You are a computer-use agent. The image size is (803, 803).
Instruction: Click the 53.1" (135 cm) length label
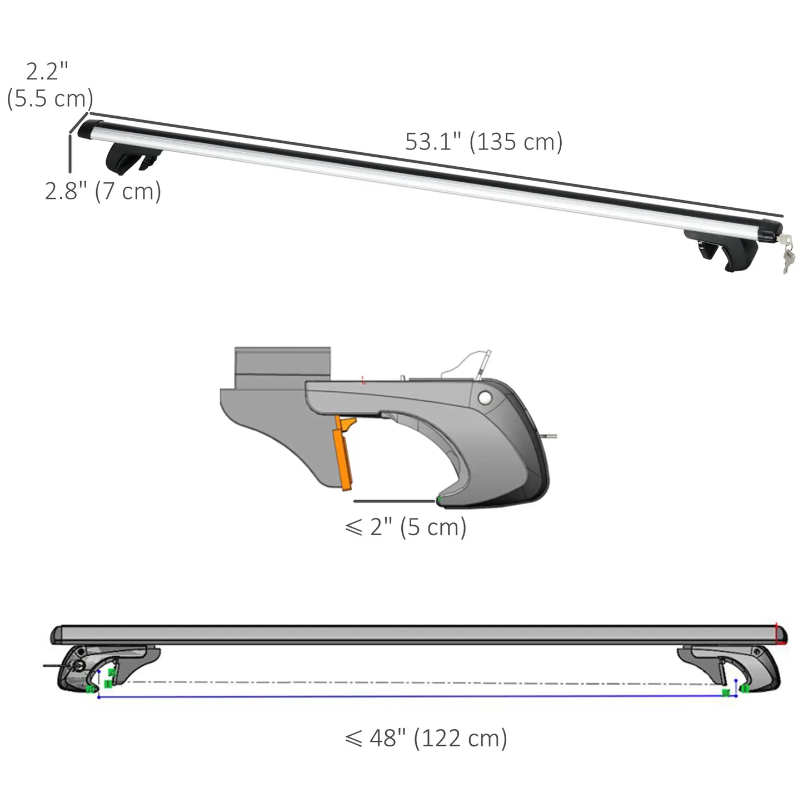pyautogui.click(x=483, y=142)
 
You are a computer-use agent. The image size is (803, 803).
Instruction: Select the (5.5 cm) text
pyautogui.click(x=50, y=99)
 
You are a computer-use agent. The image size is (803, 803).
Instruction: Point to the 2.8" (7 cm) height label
pyautogui.click(x=103, y=191)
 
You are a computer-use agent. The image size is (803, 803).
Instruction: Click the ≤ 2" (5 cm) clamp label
pyautogui.click(x=406, y=527)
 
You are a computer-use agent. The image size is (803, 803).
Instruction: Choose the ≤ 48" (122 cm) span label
pyautogui.click(x=426, y=739)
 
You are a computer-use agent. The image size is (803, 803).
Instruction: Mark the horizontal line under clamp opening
pyautogui.click(x=394, y=501)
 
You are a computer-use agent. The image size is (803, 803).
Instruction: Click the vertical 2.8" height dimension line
pyautogui.click(x=70, y=153)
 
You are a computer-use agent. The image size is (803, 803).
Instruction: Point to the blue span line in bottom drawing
pyautogui.click(x=417, y=696)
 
